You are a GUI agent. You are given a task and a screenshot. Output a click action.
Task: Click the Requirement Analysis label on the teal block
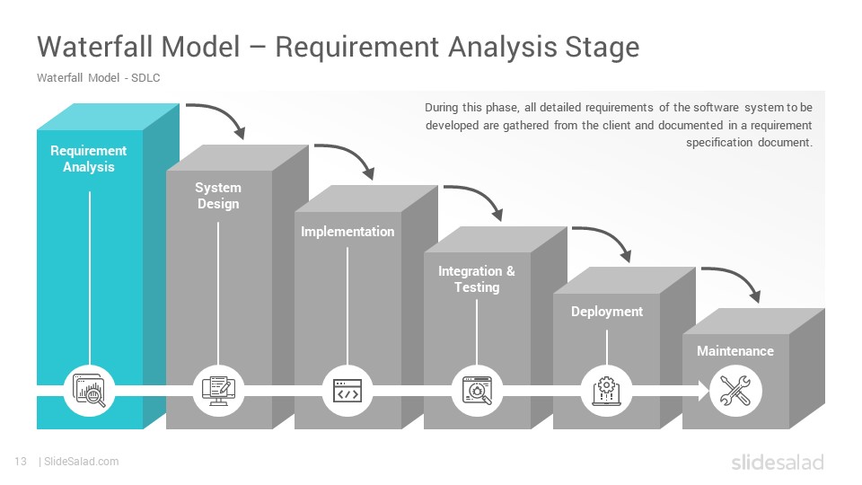pos(89,158)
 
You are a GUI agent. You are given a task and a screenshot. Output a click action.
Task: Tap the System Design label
pos(218,195)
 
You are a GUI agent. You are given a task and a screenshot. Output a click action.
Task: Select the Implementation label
pos(347,232)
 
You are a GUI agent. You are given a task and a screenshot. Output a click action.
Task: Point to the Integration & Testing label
pos(477,278)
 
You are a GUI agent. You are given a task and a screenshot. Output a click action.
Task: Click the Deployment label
pos(606,312)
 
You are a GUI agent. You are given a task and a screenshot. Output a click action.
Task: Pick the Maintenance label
pos(735,351)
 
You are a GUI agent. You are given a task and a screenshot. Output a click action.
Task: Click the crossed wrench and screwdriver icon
pos(735,391)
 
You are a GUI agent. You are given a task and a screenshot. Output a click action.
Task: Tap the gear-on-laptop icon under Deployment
pos(606,391)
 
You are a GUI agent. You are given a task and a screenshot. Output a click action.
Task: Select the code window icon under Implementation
pos(347,391)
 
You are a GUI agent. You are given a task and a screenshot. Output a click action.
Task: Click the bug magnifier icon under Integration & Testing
pos(477,391)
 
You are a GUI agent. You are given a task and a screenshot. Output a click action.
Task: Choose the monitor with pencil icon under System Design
pos(218,391)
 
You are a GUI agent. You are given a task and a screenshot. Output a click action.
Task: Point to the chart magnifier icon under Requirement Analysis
pos(89,391)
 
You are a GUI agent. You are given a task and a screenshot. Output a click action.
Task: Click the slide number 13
pos(21,462)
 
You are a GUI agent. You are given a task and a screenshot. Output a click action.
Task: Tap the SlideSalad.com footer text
pos(82,462)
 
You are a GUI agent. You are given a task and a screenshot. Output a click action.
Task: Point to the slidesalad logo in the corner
pos(778,462)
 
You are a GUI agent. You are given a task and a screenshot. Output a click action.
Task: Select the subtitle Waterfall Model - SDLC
pos(99,77)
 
